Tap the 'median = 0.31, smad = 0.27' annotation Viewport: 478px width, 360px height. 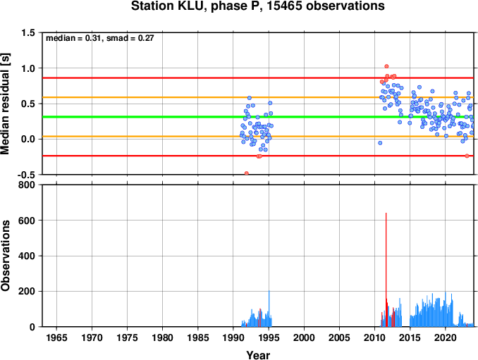pyautogui.click(x=99, y=38)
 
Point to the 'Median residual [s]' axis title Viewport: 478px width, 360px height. pyautogui.click(x=5, y=104)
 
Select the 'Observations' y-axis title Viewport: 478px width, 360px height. pyautogui.click(x=5, y=256)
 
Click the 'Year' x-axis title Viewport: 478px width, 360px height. pyautogui.click(x=258, y=355)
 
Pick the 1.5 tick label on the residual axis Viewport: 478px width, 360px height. pyautogui.click(x=27, y=32)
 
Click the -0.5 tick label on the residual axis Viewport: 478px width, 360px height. pyautogui.click(x=26, y=175)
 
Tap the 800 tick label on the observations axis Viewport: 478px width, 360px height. pyautogui.click(x=27, y=185)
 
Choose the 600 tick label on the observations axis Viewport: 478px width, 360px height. pyautogui.click(x=27, y=221)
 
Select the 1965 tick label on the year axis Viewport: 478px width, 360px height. pyautogui.click(x=56, y=337)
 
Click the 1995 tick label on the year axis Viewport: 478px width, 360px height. pyautogui.click(x=269, y=337)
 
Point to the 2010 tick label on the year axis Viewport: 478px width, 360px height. pyautogui.click(x=374, y=337)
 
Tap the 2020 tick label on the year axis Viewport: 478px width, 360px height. pyautogui.click(x=446, y=337)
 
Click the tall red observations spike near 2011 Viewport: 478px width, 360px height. pyautogui.click(x=386, y=270)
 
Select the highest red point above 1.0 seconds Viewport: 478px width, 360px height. pyautogui.click(x=386, y=66)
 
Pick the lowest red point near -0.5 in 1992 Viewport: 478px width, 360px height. pyautogui.click(x=247, y=173)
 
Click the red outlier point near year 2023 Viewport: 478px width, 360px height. pyautogui.click(x=467, y=156)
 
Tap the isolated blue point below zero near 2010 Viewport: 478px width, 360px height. pyautogui.click(x=380, y=143)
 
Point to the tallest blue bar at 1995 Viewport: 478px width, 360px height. pyautogui.click(x=269, y=309)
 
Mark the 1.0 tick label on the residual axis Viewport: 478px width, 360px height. pyautogui.click(x=27, y=68)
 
